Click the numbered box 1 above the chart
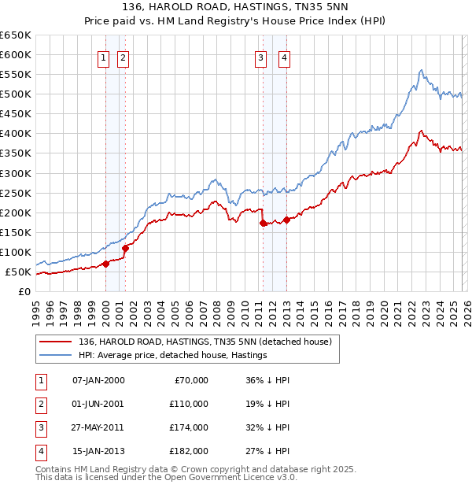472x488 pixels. tap(104, 57)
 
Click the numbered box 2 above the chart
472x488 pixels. tap(124, 57)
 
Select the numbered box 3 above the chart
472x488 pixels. tap(260, 57)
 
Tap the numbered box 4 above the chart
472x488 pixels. tap(283, 57)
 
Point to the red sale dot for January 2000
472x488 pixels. tap(105, 264)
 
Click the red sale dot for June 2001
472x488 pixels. tap(125, 248)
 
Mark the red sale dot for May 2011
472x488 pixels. tap(263, 223)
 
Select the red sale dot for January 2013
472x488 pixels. tap(286, 220)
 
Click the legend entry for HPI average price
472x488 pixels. tap(173, 355)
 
